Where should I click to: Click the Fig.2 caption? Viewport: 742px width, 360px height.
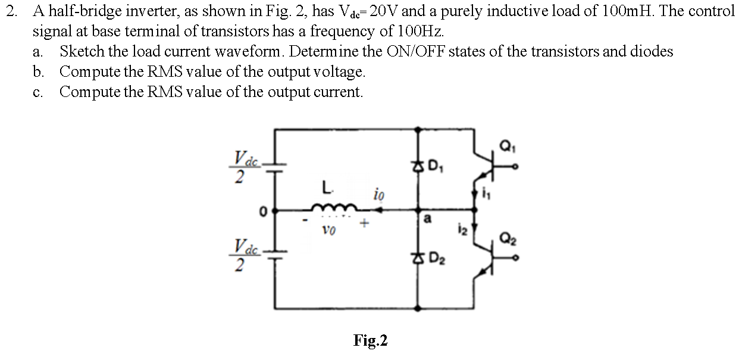370,340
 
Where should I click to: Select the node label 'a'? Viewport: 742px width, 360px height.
427,220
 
